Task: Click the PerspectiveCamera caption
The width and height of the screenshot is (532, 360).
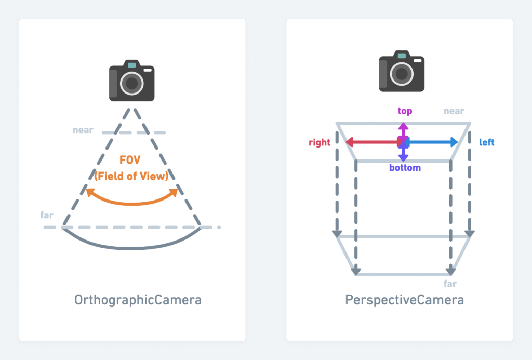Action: pyautogui.click(x=405, y=300)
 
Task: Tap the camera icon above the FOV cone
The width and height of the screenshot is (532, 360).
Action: pyautogui.click(x=131, y=81)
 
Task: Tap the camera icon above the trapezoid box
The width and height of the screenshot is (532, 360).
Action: pyautogui.click(x=402, y=72)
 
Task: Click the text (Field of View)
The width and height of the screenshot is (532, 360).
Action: pyautogui.click(x=132, y=176)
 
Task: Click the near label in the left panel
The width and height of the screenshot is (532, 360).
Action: pyautogui.click(x=83, y=130)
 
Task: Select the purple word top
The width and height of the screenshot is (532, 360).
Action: pyautogui.click(x=405, y=111)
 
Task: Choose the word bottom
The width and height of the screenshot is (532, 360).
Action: pyautogui.click(x=405, y=168)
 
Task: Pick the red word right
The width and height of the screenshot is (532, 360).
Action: pyautogui.click(x=320, y=143)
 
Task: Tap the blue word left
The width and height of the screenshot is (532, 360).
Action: pyautogui.click(x=486, y=142)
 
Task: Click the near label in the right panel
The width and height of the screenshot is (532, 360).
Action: pyautogui.click(x=454, y=111)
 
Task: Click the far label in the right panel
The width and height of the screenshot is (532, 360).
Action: pyautogui.click(x=450, y=284)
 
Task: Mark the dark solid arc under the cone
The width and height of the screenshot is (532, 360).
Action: pyautogui.click(x=132, y=248)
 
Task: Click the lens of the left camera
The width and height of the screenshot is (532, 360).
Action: pyautogui.click(x=132, y=83)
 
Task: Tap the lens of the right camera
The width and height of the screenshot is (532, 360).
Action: pyautogui.click(x=402, y=74)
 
